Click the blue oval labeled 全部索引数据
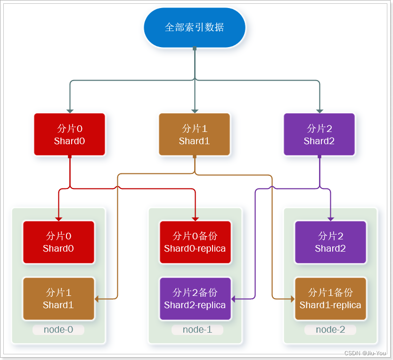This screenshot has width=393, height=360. point(194,27)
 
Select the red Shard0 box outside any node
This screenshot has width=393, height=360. point(69,134)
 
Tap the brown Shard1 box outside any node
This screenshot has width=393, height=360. point(194,134)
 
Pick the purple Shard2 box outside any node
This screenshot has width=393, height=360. point(319,134)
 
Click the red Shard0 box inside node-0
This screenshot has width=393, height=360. point(58,242)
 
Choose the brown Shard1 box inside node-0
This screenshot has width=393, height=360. point(58,299)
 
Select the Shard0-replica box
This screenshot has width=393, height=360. point(195,242)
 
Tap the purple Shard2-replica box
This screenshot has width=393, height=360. point(195,299)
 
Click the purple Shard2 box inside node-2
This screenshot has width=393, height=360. point(330,242)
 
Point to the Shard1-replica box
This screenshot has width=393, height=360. point(330,299)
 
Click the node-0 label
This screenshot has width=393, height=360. point(58,330)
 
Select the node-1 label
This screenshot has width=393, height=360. point(197,330)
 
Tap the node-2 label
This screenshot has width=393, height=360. point(330,330)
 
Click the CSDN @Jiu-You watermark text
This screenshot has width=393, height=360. point(365,353)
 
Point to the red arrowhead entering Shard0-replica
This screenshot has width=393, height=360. point(195,219)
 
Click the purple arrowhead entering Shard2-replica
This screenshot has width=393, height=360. point(234,299)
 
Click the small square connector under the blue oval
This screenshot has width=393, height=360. point(194,48)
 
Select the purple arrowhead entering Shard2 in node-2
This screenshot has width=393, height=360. point(330,219)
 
